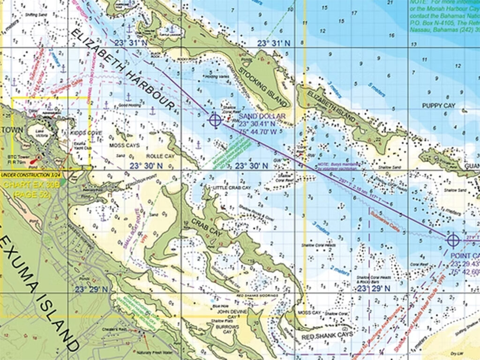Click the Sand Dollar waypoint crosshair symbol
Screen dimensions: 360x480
215,120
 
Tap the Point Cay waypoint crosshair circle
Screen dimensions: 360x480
452,240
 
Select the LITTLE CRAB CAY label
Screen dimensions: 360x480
232,187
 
